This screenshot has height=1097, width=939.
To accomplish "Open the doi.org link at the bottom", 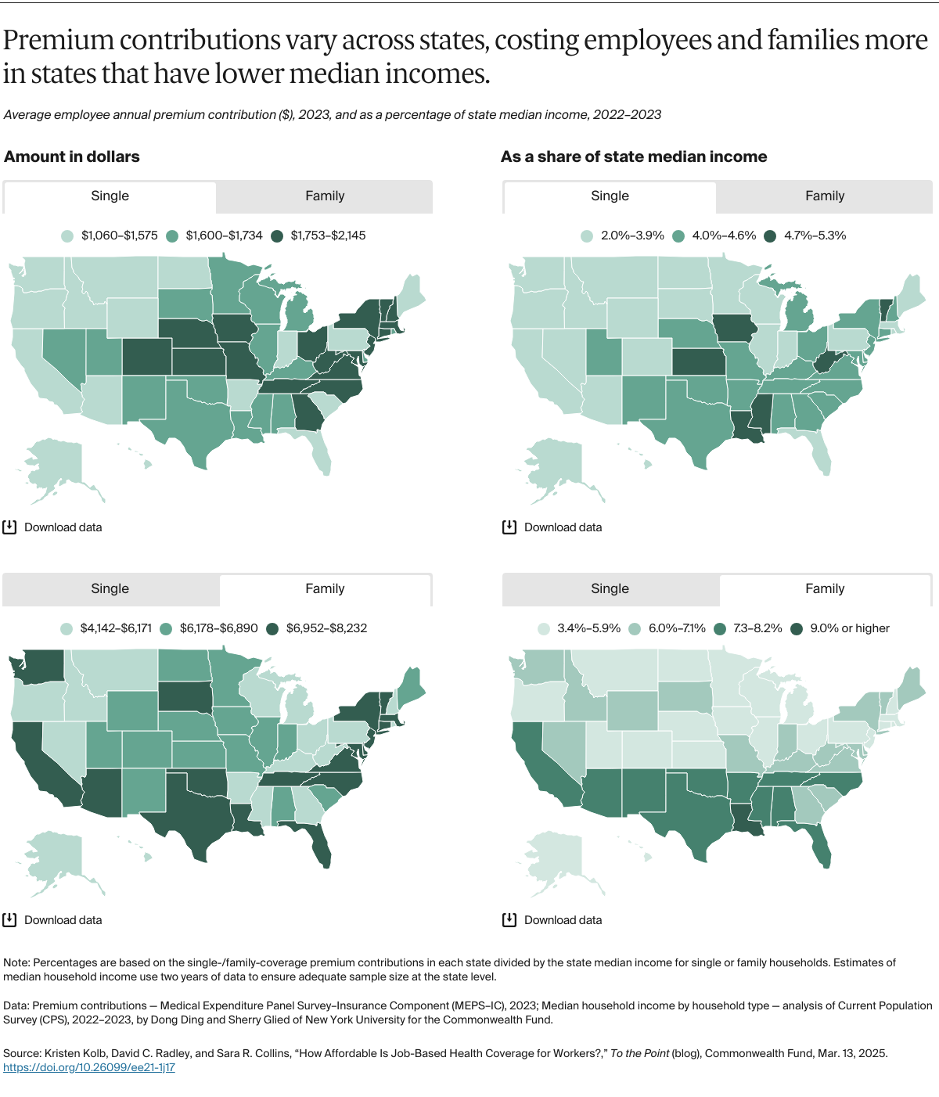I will point(89,1067).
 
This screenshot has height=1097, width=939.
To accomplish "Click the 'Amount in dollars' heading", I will point(72,156).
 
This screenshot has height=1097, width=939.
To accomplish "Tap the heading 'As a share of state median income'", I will point(634,156).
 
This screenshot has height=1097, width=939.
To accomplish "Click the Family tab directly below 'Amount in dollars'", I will point(325,196).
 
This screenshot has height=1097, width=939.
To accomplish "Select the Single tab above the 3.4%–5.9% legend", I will point(610,589).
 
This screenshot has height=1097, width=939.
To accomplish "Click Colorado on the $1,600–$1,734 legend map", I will point(146,357).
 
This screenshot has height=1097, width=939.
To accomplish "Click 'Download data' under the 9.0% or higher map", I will point(563,920).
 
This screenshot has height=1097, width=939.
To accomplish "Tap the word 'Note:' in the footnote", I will point(17,962).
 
